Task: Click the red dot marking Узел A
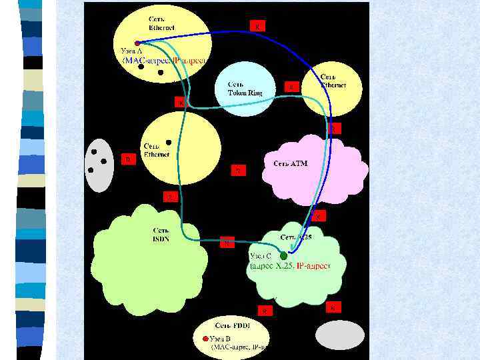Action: click(137, 43)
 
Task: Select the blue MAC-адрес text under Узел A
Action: click(146, 60)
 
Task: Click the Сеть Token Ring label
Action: click(245, 89)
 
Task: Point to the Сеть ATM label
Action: click(290, 163)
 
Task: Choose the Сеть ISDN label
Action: click(161, 235)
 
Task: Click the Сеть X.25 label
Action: click(296, 237)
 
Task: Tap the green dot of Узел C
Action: click(283, 255)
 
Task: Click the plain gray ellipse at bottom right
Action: click(339, 335)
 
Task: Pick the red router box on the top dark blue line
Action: click(258, 26)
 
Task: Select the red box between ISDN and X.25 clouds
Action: click(227, 242)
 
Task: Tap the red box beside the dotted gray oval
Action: click(127, 159)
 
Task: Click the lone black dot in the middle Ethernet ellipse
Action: click(169, 142)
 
